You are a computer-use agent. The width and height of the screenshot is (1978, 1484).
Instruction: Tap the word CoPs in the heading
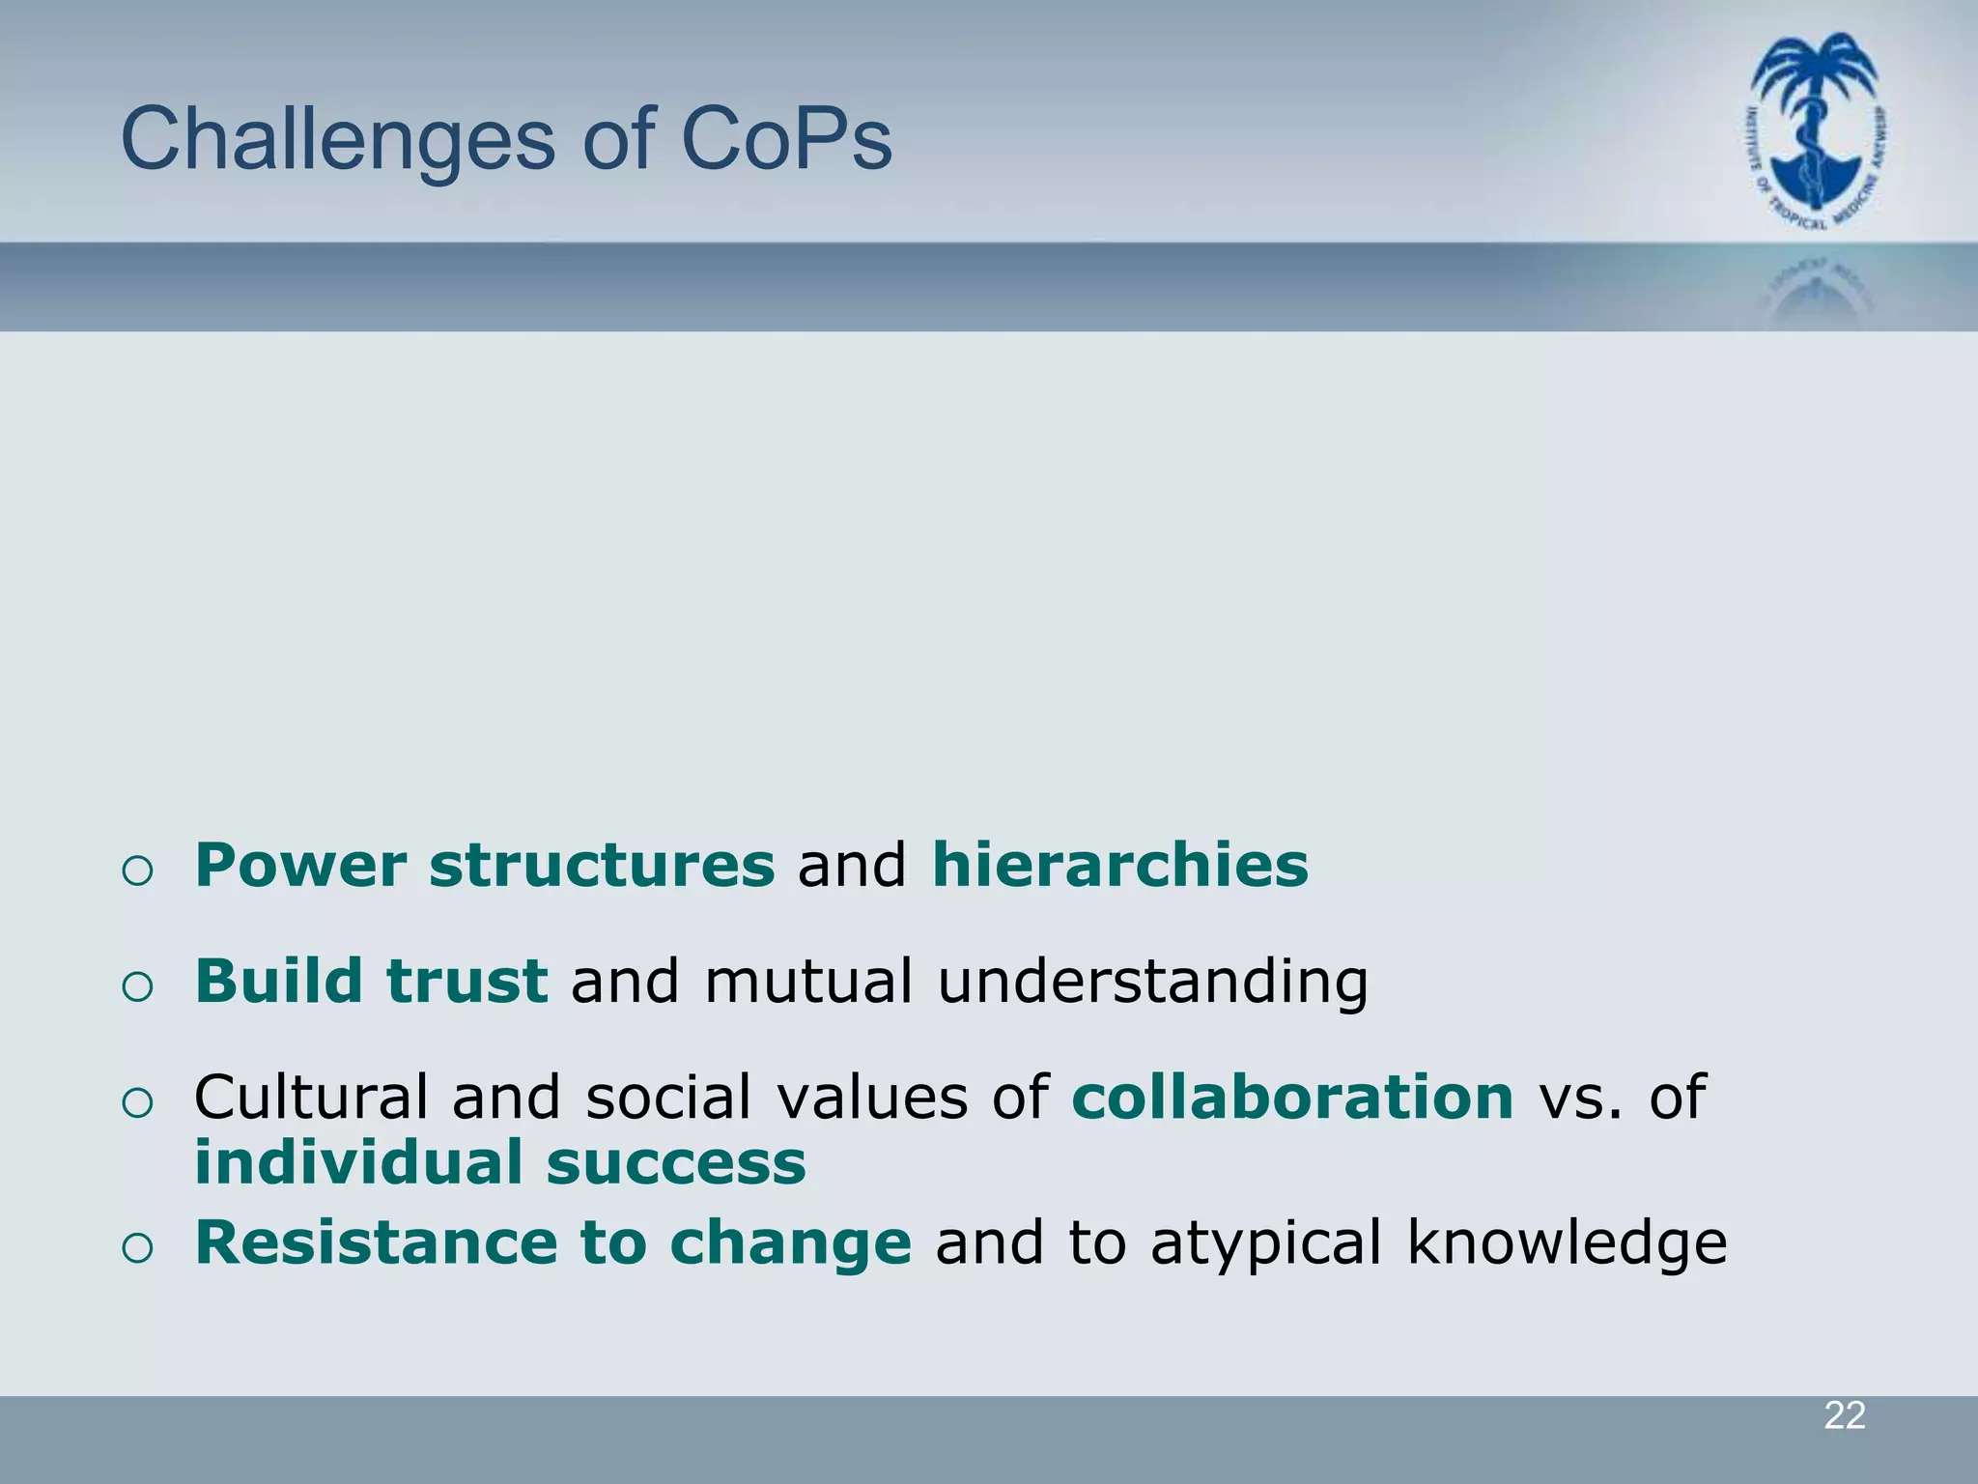[x=786, y=140]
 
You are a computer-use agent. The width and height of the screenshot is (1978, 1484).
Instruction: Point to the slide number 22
[x=1844, y=1416]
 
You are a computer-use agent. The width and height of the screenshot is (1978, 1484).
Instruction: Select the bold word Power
[x=300, y=865]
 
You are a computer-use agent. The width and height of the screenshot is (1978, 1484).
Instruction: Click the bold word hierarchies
[x=1119, y=865]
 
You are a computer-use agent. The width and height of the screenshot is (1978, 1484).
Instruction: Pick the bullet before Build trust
[x=138, y=987]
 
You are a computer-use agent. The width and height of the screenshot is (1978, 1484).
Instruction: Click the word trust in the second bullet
[x=467, y=981]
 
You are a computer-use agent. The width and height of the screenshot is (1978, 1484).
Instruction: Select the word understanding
[x=1153, y=983]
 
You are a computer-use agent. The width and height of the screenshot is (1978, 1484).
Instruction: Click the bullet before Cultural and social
[x=138, y=1103]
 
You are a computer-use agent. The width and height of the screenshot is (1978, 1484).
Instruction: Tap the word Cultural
[x=310, y=1098]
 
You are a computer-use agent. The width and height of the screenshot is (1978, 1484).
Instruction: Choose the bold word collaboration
[x=1292, y=1098]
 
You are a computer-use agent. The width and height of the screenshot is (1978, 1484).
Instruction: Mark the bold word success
[x=676, y=1164]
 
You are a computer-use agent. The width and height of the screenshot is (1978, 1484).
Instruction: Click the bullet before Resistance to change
[x=138, y=1248]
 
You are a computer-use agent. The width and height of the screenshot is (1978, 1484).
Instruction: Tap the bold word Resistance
[x=375, y=1242]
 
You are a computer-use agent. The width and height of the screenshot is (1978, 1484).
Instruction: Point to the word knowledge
[x=1567, y=1244]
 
